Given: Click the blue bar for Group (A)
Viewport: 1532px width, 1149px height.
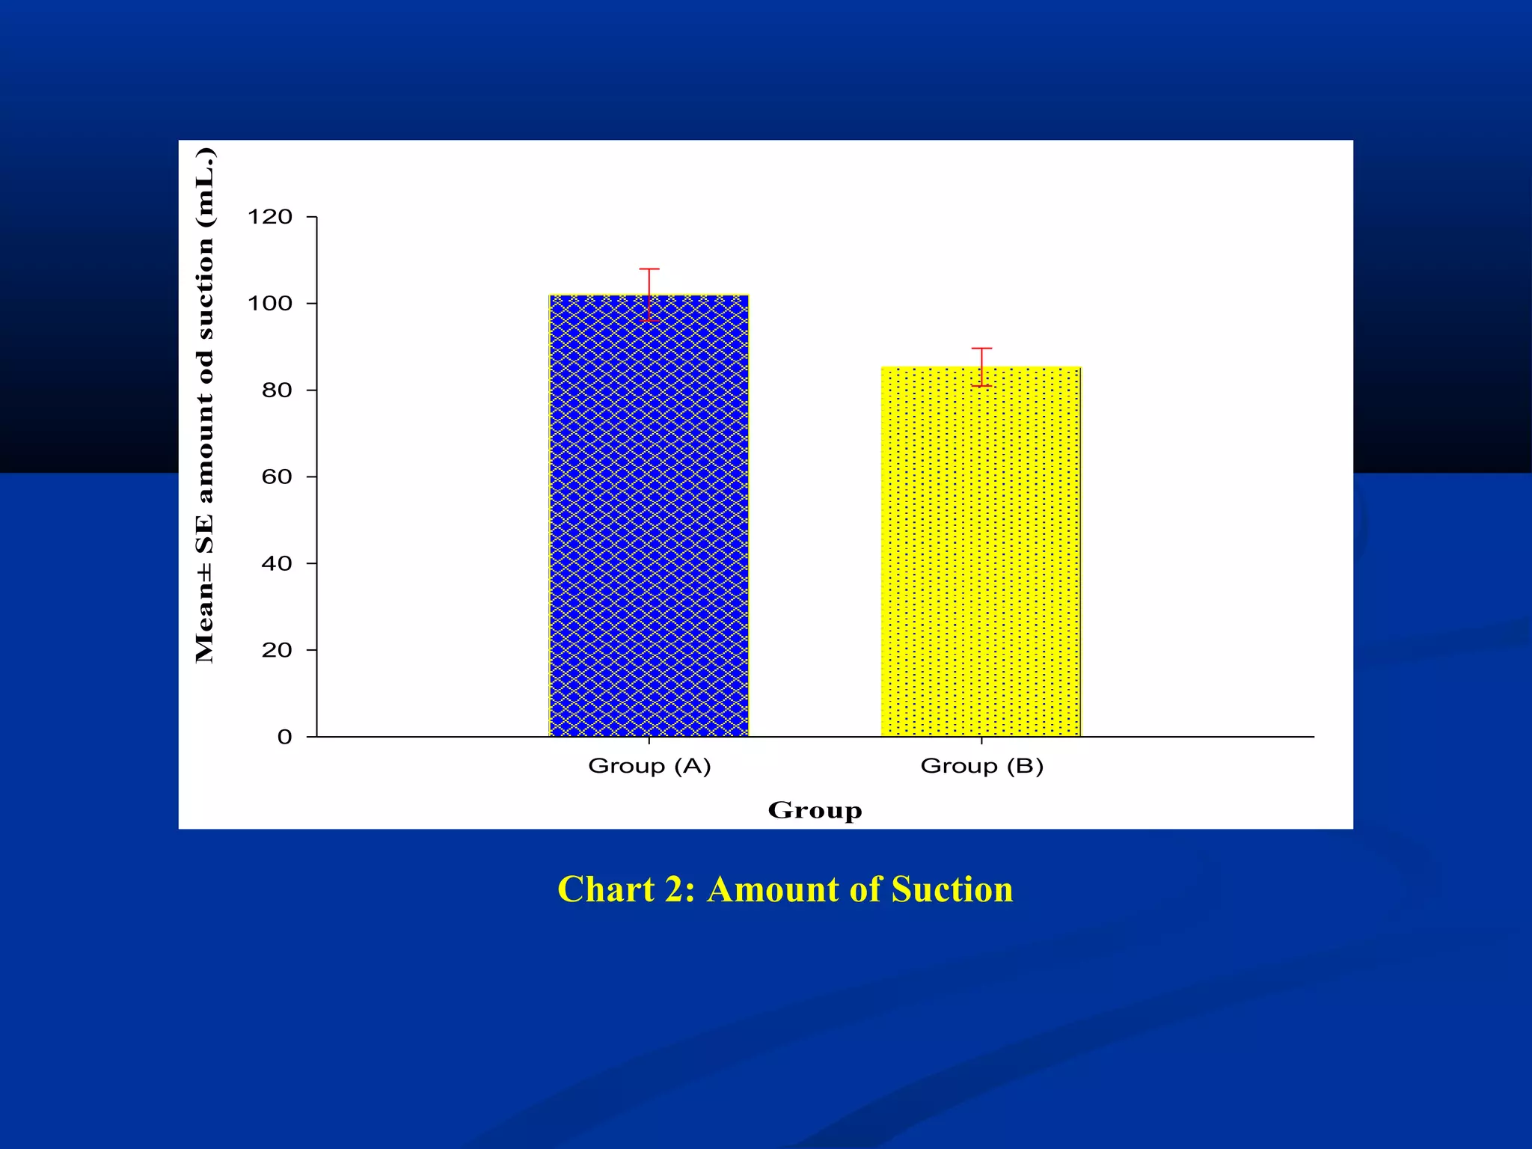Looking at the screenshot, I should click(x=649, y=516).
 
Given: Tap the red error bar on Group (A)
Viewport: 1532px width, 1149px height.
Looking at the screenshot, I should click(x=649, y=295).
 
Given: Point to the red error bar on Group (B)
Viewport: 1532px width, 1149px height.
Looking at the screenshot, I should click(x=981, y=367).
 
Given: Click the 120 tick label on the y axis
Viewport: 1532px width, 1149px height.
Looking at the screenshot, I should click(x=269, y=217).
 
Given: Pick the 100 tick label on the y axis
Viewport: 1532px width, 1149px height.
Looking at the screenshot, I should click(x=269, y=304).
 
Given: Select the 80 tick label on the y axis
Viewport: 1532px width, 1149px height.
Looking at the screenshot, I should click(x=276, y=390).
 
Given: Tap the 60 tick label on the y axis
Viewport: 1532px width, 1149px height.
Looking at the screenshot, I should click(x=276, y=477).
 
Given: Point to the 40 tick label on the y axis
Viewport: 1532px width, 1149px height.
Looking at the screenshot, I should click(x=276, y=564).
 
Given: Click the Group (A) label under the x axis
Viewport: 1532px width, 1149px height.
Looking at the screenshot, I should click(x=649, y=766).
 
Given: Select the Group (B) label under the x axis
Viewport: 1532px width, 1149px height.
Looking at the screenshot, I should click(x=981, y=766).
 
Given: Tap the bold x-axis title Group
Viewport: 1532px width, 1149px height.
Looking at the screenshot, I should click(x=815, y=810).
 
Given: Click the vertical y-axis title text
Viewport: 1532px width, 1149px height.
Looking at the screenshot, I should click(x=204, y=404).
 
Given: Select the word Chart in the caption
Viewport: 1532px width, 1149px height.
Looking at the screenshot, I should click(x=606, y=889).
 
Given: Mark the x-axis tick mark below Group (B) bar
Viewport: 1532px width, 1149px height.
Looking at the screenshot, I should click(x=981, y=741).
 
